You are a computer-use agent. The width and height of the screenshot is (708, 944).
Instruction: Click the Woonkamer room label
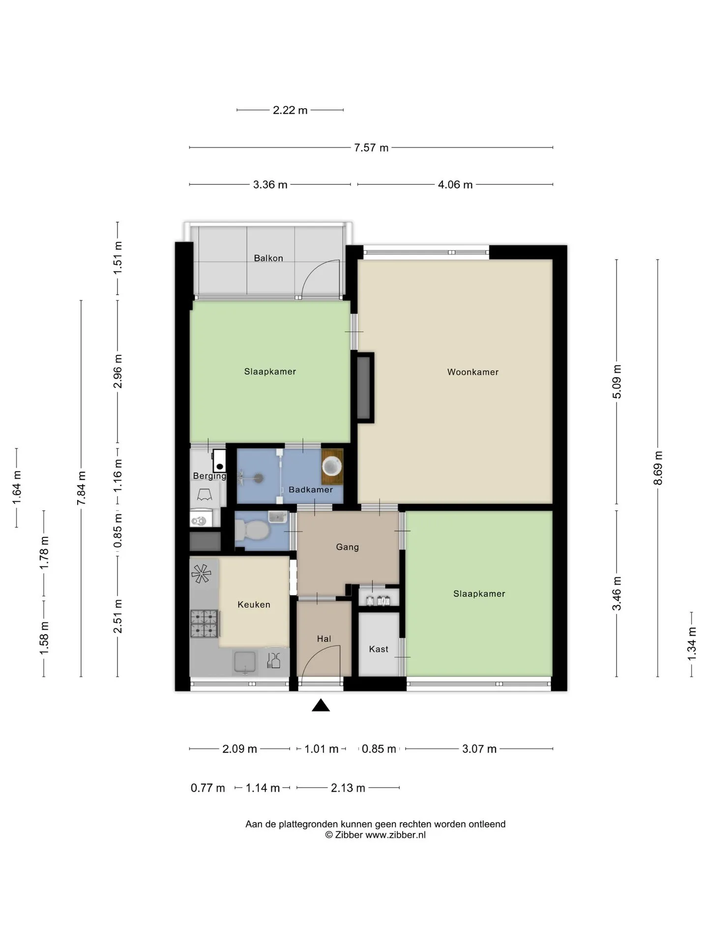(x=472, y=372)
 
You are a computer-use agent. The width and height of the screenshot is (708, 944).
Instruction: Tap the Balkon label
(x=268, y=258)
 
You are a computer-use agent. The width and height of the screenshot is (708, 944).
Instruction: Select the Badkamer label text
(x=311, y=490)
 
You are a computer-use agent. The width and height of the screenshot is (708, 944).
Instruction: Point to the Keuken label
(x=254, y=605)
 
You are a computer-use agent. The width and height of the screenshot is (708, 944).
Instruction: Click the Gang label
(x=347, y=547)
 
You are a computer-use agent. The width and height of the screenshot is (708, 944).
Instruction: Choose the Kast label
(x=379, y=649)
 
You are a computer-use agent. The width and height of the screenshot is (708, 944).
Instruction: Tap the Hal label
(x=324, y=639)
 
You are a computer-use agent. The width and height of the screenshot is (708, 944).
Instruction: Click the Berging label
(x=209, y=476)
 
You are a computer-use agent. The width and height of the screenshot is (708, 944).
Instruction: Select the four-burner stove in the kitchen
(x=204, y=623)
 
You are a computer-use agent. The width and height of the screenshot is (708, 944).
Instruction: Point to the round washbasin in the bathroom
(x=332, y=465)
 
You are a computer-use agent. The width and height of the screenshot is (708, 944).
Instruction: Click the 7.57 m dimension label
(x=371, y=147)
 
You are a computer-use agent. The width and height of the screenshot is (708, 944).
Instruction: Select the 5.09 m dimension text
(x=617, y=382)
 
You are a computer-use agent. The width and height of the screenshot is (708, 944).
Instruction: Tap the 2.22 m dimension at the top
(x=290, y=110)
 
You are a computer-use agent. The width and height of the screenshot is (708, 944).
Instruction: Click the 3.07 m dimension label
(x=479, y=749)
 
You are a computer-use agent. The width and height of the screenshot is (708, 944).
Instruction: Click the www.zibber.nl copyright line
(x=375, y=834)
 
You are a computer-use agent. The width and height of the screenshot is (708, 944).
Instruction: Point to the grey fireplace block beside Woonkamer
(x=363, y=388)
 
